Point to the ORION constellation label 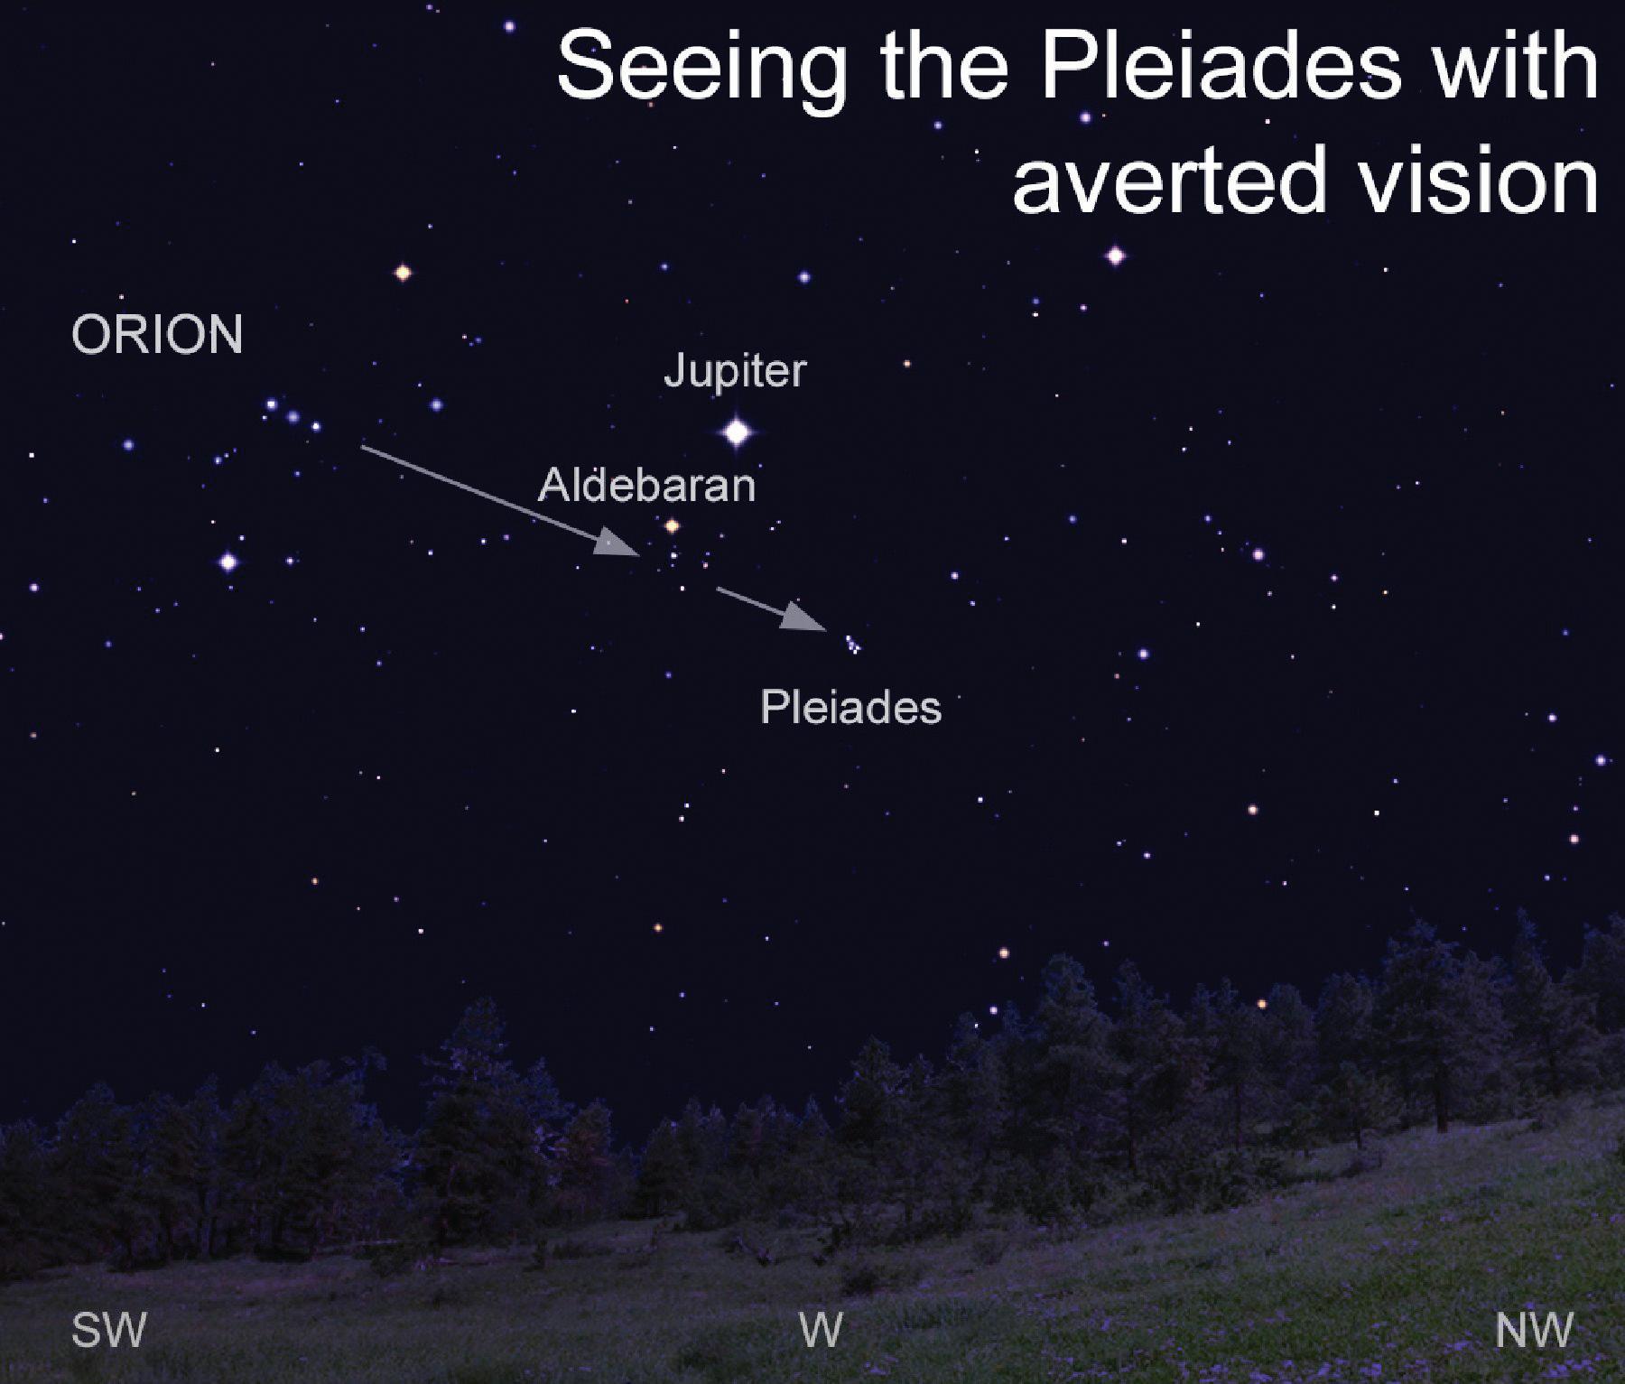point(157,335)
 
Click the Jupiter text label point(735,371)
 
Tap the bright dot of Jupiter point(738,432)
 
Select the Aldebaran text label point(646,486)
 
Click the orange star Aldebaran point(672,525)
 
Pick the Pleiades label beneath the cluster point(851,707)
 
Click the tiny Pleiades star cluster point(852,644)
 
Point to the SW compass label point(108,1330)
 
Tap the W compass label point(821,1329)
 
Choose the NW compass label point(1534,1330)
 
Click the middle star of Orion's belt point(292,416)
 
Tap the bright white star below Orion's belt point(228,562)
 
